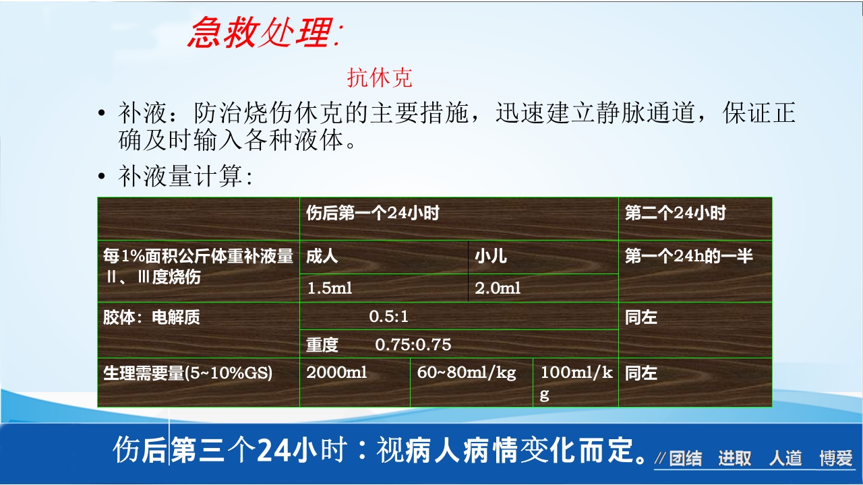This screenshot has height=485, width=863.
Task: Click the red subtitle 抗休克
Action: click(x=379, y=78)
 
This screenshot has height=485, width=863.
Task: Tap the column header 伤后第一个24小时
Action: click(x=373, y=214)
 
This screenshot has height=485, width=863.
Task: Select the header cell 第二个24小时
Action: click(x=675, y=214)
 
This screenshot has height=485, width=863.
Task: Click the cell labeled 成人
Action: click(x=322, y=257)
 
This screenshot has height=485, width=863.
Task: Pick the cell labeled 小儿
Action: click(x=490, y=257)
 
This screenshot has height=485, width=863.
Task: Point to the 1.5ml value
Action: click(x=330, y=288)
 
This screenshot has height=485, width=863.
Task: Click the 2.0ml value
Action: click(x=498, y=288)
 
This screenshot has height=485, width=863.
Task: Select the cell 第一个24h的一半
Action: click(x=688, y=256)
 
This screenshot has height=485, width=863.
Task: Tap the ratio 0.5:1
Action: click(x=388, y=317)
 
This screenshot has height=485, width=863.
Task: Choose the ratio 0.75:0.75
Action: click(x=413, y=345)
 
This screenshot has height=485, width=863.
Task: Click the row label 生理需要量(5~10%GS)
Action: click(x=187, y=373)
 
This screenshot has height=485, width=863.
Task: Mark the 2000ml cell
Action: click(x=336, y=373)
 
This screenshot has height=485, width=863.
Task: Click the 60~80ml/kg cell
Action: click(x=466, y=373)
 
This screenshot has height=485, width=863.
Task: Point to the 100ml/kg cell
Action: click(x=576, y=383)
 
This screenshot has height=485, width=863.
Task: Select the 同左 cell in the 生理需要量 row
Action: click(x=641, y=373)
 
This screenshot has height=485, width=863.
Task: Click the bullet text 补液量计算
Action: click(x=185, y=177)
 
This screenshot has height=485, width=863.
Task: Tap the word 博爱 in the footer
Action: click(x=836, y=459)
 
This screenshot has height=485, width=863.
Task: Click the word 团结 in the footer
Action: click(x=685, y=459)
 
